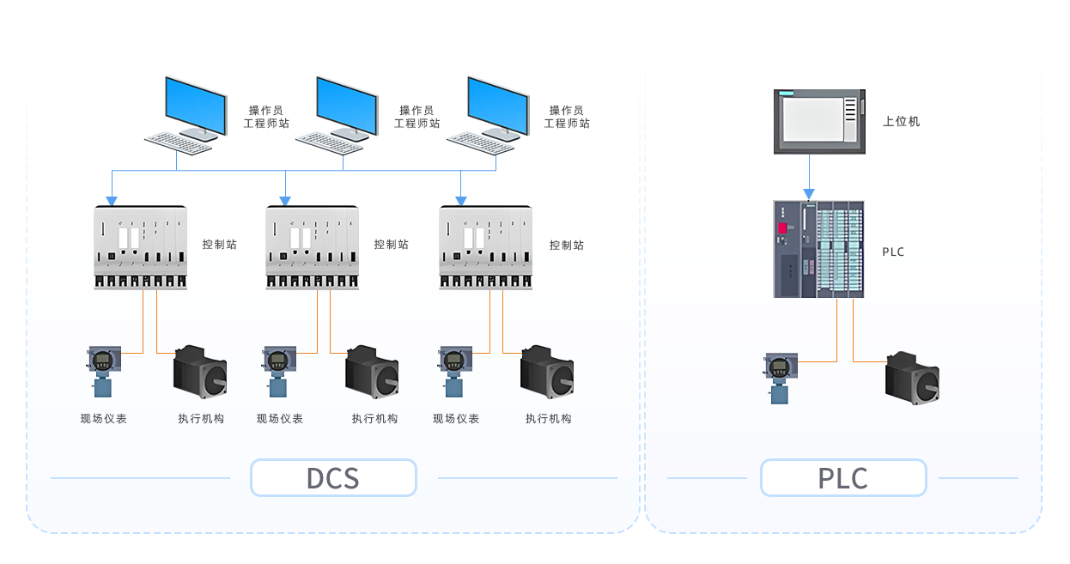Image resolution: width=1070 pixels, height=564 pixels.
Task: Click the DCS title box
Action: click(x=333, y=477)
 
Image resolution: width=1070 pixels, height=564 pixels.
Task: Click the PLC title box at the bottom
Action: click(x=842, y=477)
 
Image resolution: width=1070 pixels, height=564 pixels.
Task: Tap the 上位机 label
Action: click(x=901, y=121)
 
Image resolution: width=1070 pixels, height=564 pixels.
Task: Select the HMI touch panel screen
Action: click(x=812, y=120)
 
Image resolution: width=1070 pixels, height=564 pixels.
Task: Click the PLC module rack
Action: click(x=818, y=249)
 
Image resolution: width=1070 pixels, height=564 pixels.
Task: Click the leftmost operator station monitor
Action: click(x=196, y=105)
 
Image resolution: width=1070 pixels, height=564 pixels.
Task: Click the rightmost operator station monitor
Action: click(x=497, y=105)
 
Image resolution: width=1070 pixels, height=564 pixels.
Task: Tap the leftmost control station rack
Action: click(x=140, y=247)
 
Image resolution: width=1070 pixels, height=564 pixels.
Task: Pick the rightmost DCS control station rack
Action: click(x=486, y=247)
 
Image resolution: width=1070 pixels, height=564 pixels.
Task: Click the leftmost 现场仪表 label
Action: click(x=104, y=419)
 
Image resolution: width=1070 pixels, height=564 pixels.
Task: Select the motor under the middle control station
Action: click(x=373, y=372)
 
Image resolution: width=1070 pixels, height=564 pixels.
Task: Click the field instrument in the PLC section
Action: click(x=780, y=377)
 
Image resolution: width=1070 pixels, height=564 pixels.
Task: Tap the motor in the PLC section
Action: click(x=913, y=377)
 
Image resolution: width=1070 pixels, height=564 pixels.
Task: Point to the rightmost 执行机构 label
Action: click(x=549, y=419)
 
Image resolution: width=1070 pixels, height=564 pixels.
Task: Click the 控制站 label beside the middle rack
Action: click(x=391, y=245)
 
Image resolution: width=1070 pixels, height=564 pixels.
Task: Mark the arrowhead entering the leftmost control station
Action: click(x=111, y=201)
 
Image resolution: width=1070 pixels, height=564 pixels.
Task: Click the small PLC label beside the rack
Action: click(x=893, y=252)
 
